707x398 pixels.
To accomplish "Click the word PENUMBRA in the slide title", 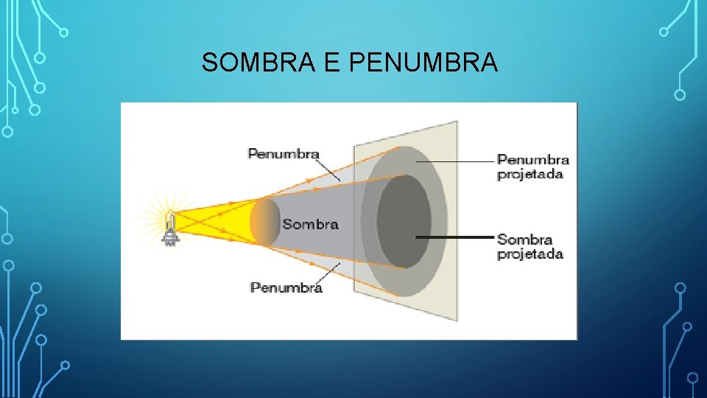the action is click(423, 63).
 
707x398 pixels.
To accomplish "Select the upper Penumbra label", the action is click(284, 154).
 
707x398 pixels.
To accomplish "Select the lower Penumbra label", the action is click(286, 287).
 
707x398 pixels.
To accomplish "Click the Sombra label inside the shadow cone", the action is click(310, 224).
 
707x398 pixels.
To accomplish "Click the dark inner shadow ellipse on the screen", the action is click(404, 221).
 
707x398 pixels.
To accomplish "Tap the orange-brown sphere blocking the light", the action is click(265, 222).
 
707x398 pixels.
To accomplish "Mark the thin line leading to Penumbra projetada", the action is click(457, 160).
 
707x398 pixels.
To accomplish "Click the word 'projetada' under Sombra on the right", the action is click(530, 254).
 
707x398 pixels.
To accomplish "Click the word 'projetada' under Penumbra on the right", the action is click(530, 175).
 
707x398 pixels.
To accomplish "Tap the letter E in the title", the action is click(331, 63).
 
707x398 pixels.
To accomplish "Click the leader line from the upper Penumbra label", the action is click(331, 168).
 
